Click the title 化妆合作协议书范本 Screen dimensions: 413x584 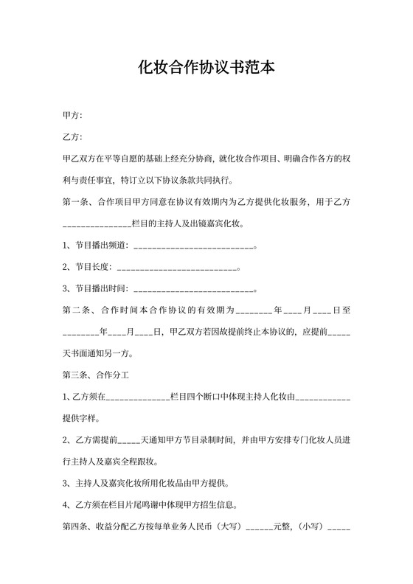tap(206, 69)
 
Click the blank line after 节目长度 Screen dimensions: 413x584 tap(178, 266)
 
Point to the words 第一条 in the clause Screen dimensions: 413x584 tap(77, 201)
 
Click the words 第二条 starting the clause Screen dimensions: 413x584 tap(77, 310)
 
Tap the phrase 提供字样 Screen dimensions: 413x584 tap(80, 418)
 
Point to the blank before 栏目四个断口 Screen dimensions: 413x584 tap(139, 397)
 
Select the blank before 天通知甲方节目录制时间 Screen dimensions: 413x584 tap(128, 441)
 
